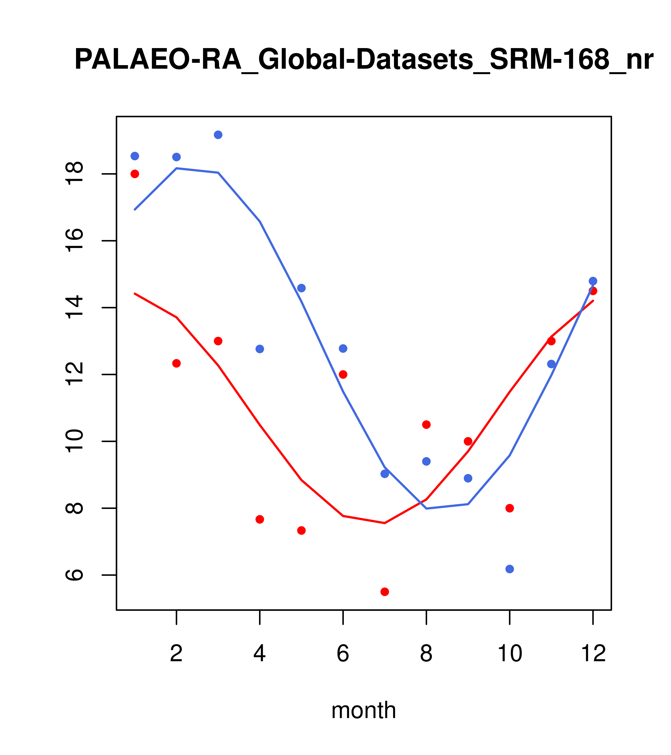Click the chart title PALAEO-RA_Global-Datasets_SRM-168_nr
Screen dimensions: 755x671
364,60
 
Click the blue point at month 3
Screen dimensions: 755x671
218,135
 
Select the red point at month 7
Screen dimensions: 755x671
385,592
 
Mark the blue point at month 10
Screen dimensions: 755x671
510,569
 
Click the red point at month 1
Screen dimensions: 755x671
135,174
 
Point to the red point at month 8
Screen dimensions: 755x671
426,425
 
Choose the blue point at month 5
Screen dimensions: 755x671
301,288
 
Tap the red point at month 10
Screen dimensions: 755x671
510,508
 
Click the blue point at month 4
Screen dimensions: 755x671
260,349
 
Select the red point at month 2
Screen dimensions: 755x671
177,364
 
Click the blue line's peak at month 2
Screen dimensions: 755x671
177,168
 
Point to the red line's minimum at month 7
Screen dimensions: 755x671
385,523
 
